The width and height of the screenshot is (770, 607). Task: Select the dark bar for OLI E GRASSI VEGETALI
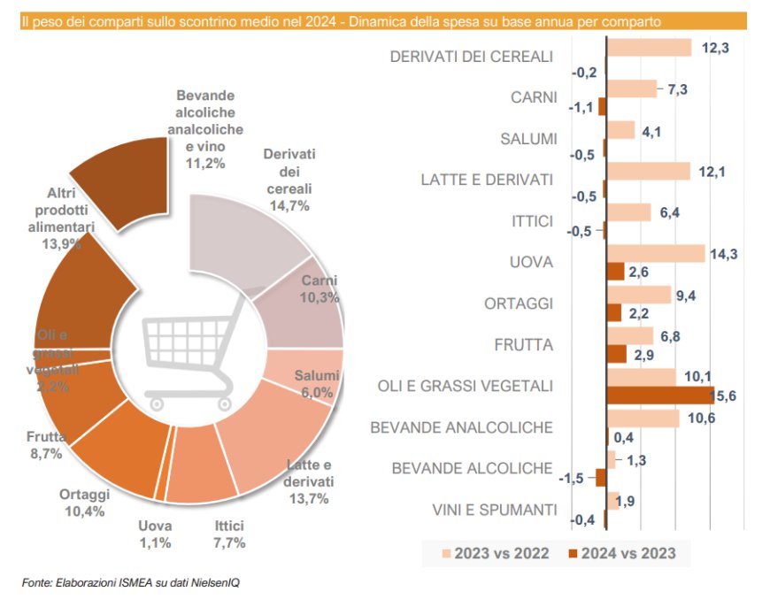coord(658,396)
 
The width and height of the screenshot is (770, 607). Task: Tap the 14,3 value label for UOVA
coord(725,254)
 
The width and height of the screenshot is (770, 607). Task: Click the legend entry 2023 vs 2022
coord(496,554)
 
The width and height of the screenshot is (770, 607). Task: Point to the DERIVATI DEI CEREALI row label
coord(471,57)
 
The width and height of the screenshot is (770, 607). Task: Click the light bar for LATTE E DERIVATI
coord(648,171)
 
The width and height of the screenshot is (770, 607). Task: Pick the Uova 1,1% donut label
coord(155,534)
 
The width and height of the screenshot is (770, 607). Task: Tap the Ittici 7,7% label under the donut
coord(229,534)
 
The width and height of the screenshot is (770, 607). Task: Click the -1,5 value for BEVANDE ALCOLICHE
coord(575,478)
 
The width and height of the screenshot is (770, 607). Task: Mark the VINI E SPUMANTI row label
coord(495,510)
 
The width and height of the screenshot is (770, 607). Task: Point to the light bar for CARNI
coord(631,88)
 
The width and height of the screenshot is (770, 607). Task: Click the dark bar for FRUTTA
coord(617,354)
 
